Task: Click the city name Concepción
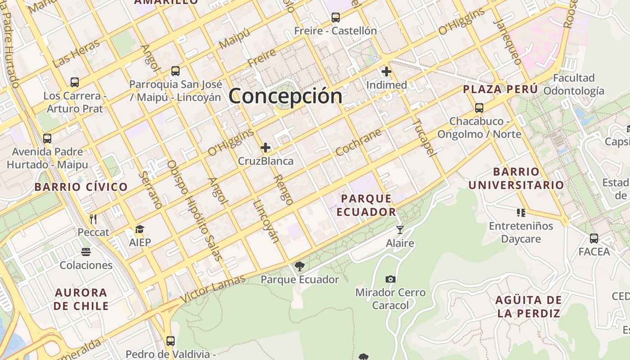[285, 96]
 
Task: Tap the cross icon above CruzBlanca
[265, 147]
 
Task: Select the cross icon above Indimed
[387, 71]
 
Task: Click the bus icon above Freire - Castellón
[336, 18]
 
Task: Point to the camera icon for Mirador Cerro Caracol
[391, 279]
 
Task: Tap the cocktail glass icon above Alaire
[400, 230]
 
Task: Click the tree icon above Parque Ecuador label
[300, 266]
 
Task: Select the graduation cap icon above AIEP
[140, 229]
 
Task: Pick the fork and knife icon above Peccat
[94, 219]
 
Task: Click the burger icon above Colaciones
[86, 252]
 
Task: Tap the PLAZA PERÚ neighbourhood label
[500, 89]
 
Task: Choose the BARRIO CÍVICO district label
[81, 187]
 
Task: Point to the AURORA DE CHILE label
[81, 299]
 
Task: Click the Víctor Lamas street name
[213, 289]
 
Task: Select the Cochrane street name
[359, 143]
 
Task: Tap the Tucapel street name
[424, 138]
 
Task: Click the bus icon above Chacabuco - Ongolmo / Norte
[479, 108]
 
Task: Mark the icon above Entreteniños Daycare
[521, 212]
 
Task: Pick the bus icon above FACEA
[594, 238]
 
